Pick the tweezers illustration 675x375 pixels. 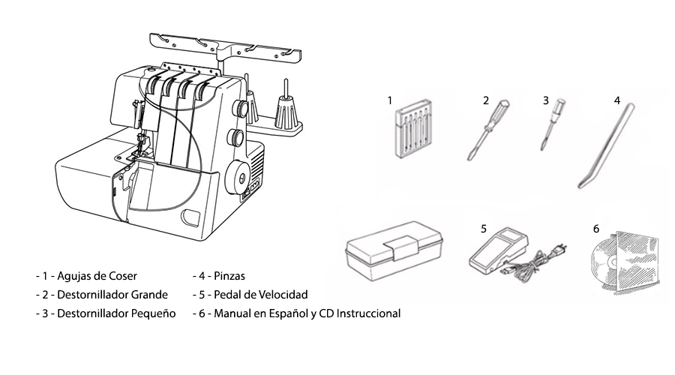604,146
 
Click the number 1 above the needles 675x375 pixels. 390,100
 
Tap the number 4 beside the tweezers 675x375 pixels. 616,100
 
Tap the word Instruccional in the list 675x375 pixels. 364,313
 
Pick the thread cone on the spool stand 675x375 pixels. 284,112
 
